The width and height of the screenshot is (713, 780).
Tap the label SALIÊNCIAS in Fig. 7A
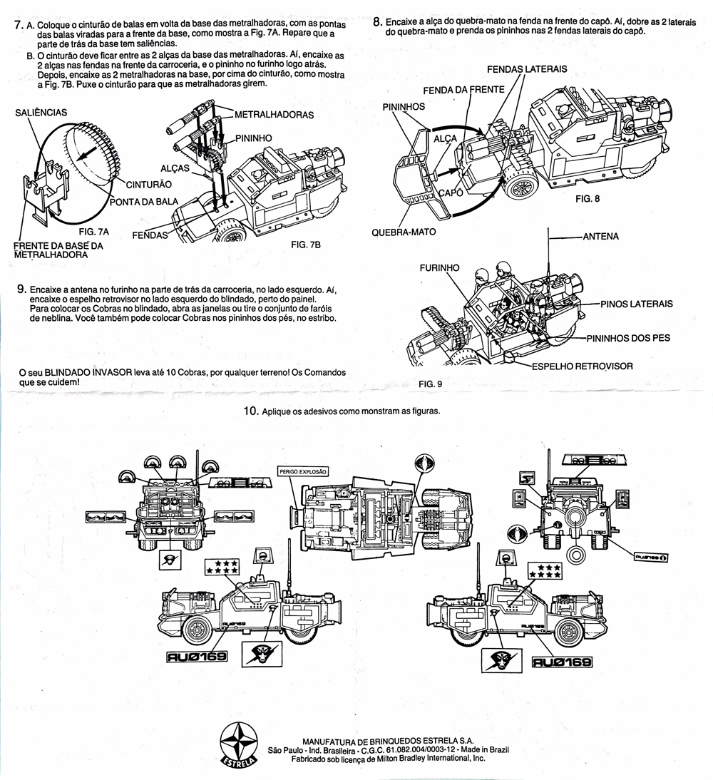pyautogui.click(x=41, y=112)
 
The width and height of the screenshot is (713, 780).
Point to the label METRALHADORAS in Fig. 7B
pyautogui.click(x=274, y=114)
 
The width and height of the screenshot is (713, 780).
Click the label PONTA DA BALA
pyautogui.click(x=143, y=202)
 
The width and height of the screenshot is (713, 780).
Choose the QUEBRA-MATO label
pyautogui.click(x=404, y=232)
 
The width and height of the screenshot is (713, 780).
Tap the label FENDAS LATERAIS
pyautogui.click(x=527, y=69)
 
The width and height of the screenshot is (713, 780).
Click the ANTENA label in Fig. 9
pyautogui.click(x=600, y=236)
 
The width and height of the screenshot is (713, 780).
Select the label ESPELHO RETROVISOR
pyautogui.click(x=582, y=366)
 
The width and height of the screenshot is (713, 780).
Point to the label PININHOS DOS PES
pyautogui.click(x=628, y=337)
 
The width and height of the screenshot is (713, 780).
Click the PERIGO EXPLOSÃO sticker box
pyautogui.click(x=303, y=471)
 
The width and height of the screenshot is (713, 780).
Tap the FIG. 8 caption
pyautogui.click(x=588, y=199)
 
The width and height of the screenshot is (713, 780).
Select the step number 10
pyautogui.click(x=250, y=411)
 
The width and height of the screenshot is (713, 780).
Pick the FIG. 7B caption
pyautogui.click(x=307, y=245)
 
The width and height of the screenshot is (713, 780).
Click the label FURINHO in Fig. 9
pyautogui.click(x=439, y=268)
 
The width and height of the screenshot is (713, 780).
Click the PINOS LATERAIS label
pyautogui.click(x=636, y=304)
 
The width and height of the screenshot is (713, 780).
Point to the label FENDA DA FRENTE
pyautogui.click(x=463, y=91)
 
